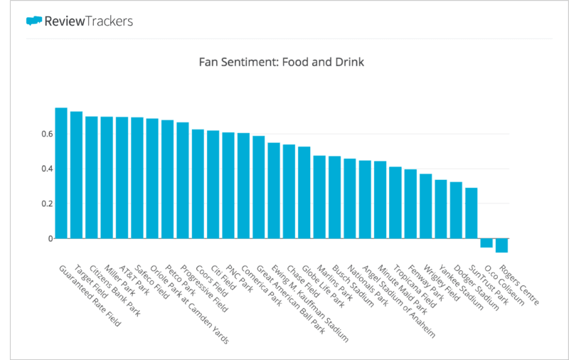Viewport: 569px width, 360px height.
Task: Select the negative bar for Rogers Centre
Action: point(501,245)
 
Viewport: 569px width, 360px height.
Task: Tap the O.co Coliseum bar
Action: point(486,243)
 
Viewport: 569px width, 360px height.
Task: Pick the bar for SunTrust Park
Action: point(471,213)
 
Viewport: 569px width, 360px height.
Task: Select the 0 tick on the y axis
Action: point(50,238)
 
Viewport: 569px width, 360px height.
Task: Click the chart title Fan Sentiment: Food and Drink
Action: point(282,63)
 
